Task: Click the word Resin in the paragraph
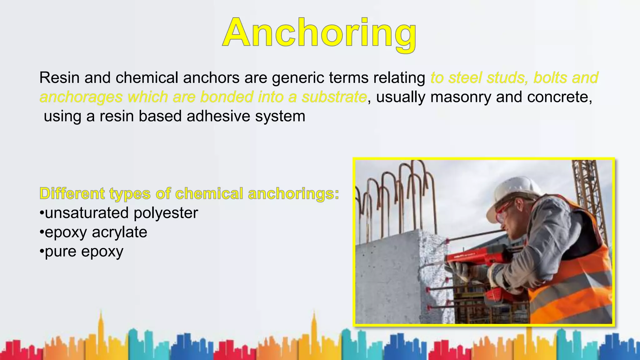click(59, 77)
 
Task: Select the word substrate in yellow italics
click(334, 97)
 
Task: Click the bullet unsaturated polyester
click(119, 213)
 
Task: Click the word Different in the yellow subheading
click(72, 193)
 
